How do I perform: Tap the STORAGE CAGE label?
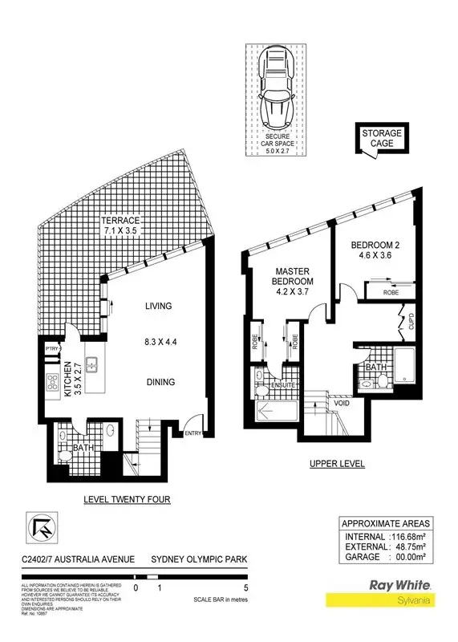tap(381, 138)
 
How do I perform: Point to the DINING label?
tap(160, 382)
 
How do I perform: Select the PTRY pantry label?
tap(53, 348)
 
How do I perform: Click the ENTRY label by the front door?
tap(193, 433)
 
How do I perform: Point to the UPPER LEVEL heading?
tap(338, 464)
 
